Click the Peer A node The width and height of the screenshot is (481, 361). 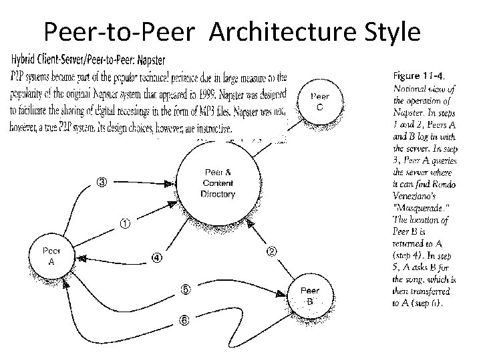51,256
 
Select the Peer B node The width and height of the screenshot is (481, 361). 310,295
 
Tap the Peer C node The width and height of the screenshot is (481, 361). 320,102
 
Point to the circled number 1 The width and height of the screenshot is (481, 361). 126,223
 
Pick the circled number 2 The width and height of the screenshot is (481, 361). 272,251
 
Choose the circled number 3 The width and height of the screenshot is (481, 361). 102,180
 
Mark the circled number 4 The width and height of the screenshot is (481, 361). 156,258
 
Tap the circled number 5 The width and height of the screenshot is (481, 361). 185,289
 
